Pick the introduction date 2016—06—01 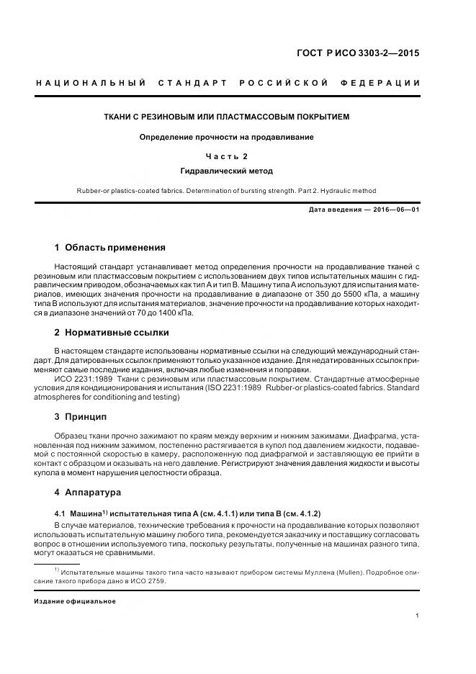point(396,210)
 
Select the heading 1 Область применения point(110,248)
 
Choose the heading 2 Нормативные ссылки point(112,332)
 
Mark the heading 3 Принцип point(81,417)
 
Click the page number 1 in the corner point(418,616)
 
